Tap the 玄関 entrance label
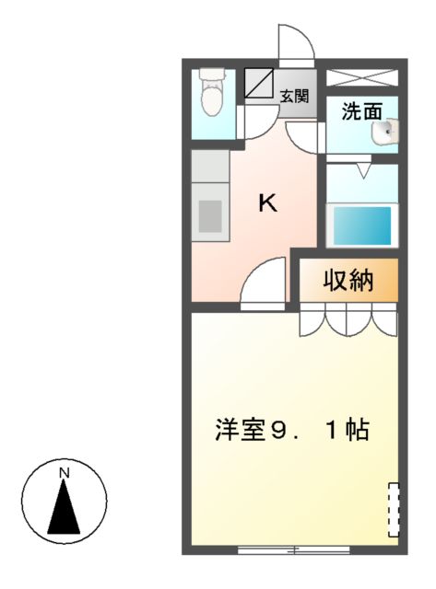pos(294,96)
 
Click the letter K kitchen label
pos(266,203)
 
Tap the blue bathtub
pos(362,225)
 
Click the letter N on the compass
pos(64,473)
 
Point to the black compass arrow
pos(64,508)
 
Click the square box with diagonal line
pos(260,83)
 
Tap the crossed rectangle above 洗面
pos(362,77)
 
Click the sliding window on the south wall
pos(293,549)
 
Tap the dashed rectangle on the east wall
pos(394,507)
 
